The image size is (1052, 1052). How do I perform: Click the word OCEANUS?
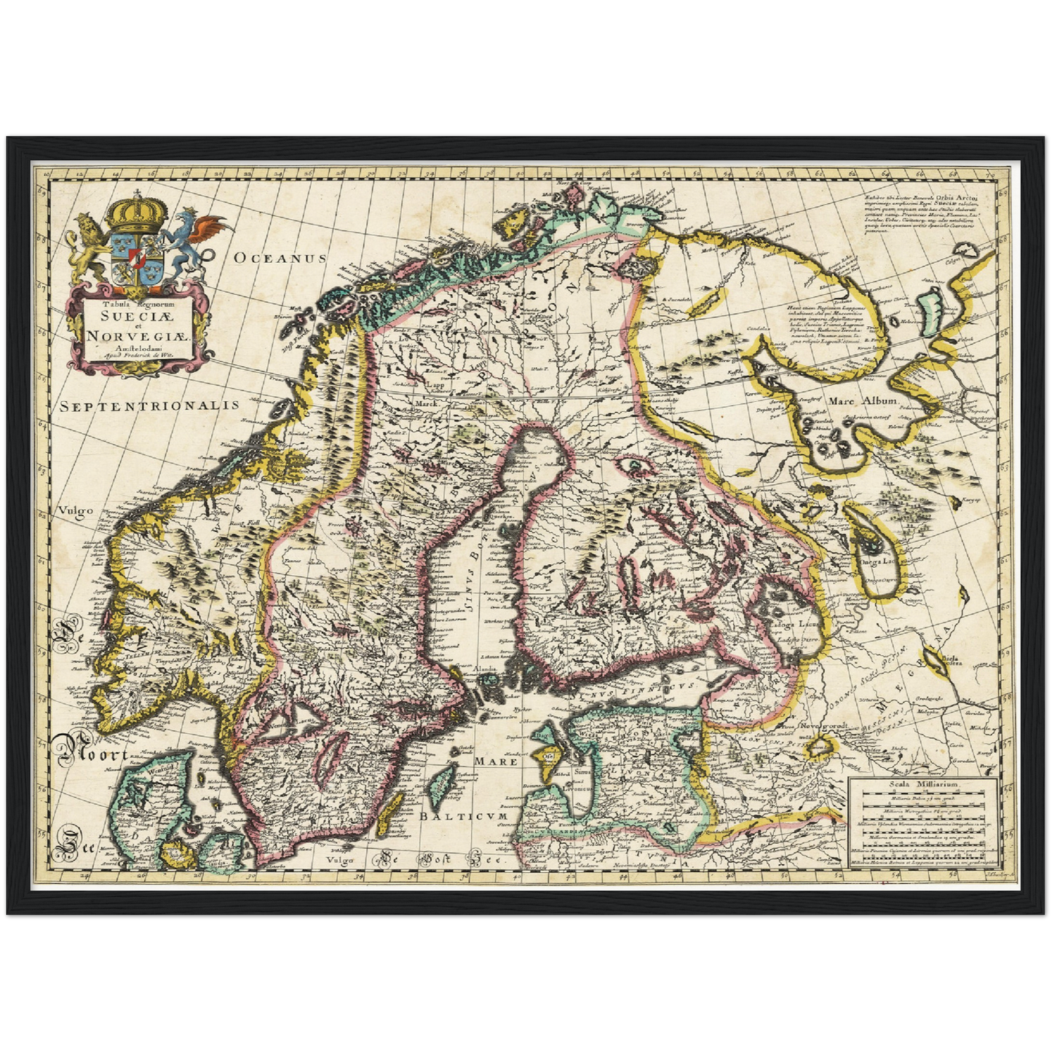click(x=281, y=258)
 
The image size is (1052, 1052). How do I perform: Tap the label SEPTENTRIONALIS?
click(x=149, y=406)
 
